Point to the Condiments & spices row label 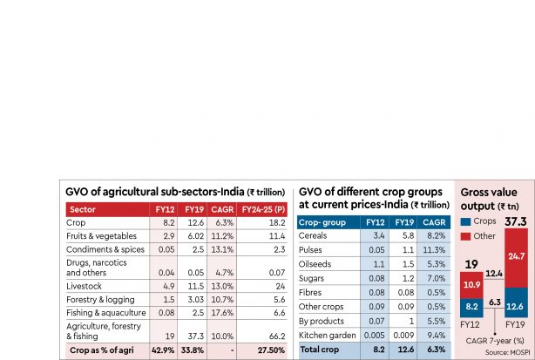point(106,248)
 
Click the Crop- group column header point(324,222)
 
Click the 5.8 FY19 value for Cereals point(403,235)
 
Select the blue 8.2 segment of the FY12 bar point(471,306)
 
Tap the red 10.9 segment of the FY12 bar point(471,284)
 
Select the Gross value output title point(494,197)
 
